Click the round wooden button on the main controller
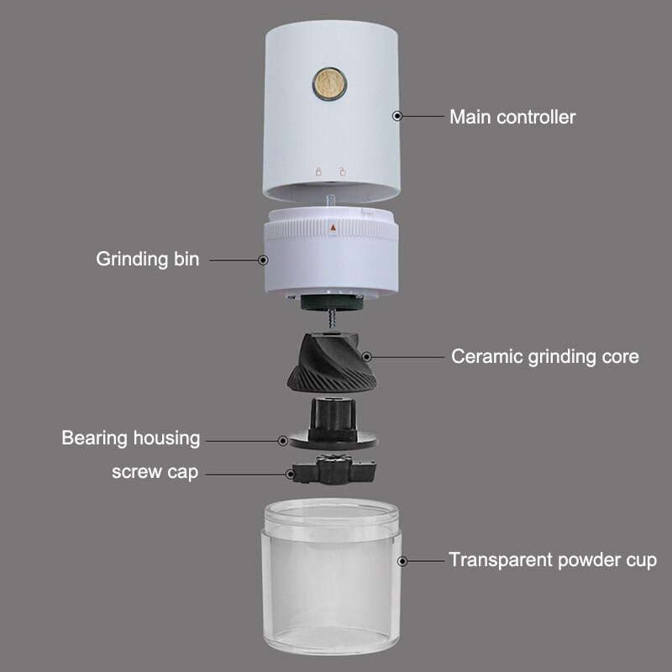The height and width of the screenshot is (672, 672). tap(329, 83)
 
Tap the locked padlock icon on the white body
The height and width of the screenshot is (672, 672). tap(318, 171)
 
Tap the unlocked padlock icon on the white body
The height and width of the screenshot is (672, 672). tap(343, 171)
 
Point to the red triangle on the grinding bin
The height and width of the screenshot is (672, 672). tap(333, 227)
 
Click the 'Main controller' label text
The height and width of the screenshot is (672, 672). tap(512, 117)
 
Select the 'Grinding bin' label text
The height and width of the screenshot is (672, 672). tap(148, 260)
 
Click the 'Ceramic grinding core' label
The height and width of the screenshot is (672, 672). tap(544, 356)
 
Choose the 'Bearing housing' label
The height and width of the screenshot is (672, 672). tap(131, 438)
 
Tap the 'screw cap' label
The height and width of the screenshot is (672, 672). tap(155, 472)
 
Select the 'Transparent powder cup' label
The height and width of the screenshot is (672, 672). tap(553, 560)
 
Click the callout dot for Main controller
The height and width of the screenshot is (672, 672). tap(397, 116)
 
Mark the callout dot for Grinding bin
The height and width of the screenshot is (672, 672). tap(263, 260)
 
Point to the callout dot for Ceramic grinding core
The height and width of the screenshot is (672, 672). tap(366, 356)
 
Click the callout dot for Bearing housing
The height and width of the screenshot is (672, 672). tap(282, 440)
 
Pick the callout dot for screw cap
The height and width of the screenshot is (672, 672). tap(290, 474)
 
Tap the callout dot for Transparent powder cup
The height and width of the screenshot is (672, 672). tap(402, 561)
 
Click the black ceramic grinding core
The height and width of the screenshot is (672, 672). tap(332, 362)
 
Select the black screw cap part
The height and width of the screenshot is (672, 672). tap(334, 470)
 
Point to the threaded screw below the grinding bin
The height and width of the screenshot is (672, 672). tap(332, 319)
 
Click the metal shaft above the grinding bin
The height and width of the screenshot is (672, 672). tap(331, 201)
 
